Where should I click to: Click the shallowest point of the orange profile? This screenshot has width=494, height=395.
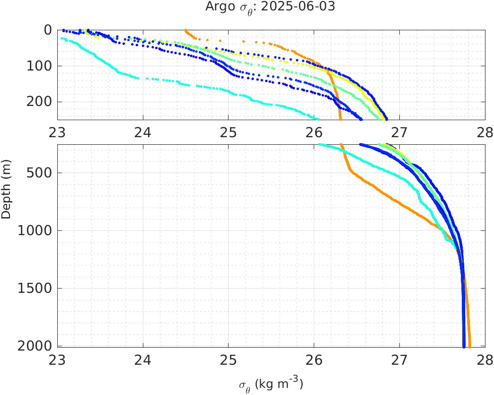click(185, 30)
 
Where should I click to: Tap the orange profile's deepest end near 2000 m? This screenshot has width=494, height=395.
click(469, 347)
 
